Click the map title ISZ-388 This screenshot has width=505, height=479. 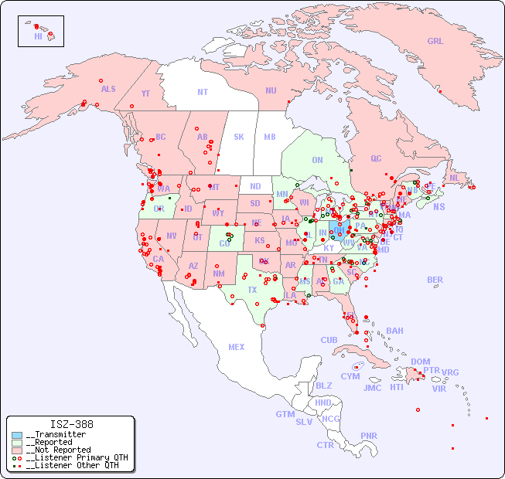[71, 424]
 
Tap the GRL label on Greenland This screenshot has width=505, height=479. [435, 42]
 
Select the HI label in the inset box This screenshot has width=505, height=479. [38, 36]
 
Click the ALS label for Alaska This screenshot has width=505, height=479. [108, 90]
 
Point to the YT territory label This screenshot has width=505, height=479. [145, 93]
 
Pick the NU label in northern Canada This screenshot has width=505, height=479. [271, 91]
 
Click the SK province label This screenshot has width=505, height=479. [239, 138]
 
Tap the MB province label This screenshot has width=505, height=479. [270, 138]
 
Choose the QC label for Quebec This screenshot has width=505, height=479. [376, 159]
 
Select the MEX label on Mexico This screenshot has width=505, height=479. [237, 348]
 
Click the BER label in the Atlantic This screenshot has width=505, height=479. [435, 280]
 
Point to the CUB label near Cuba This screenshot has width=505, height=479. [329, 341]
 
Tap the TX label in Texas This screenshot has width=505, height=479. [252, 290]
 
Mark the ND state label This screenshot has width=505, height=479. [255, 187]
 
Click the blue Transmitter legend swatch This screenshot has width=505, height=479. [16, 435]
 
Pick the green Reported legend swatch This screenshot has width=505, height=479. [16, 443]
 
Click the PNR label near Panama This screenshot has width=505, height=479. [369, 436]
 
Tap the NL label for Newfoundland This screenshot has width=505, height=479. [454, 178]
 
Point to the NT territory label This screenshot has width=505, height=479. [203, 92]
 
